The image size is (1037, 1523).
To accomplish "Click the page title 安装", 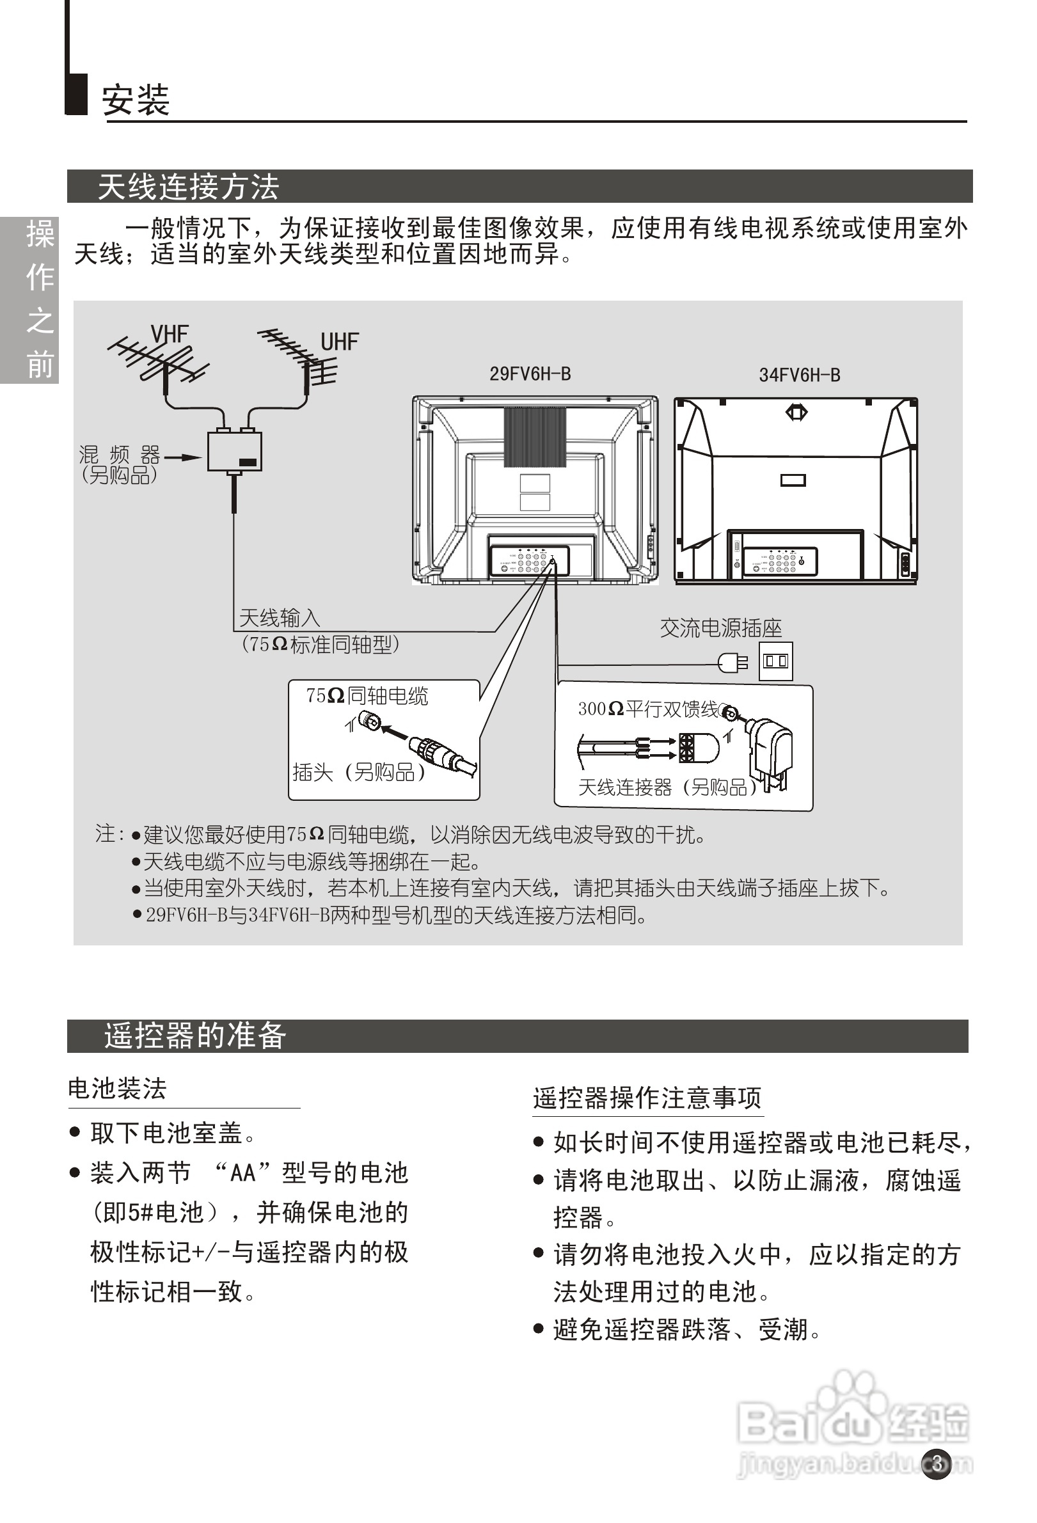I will [x=136, y=100].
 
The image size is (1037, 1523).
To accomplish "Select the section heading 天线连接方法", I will [x=188, y=187].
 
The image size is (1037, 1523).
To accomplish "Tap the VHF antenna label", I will [x=169, y=335].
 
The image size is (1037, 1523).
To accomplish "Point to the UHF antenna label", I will [x=340, y=342].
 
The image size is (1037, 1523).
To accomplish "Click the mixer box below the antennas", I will [x=234, y=452].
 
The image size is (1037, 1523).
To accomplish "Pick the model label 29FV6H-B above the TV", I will [x=530, y=374].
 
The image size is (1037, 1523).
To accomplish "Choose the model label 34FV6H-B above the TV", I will [x=799, y=375].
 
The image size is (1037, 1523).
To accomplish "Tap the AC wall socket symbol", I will [x=775, y=661].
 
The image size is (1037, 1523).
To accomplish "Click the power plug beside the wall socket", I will [x=732, y=663].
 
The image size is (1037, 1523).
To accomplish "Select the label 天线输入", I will [x=280, y=618].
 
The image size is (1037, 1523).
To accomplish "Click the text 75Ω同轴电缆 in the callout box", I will [x=367, y=696].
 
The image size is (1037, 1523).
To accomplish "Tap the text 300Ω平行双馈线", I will [x=647, y=709].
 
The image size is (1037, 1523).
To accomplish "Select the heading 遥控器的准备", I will [x=194, y=1036].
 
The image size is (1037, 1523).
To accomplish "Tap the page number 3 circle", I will [x=937, y=1464].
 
